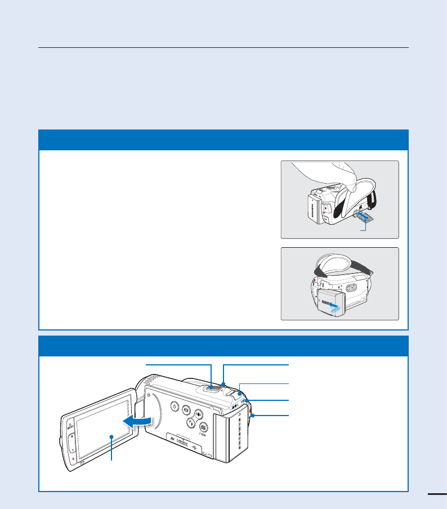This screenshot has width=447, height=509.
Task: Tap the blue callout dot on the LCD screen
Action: (111, 436)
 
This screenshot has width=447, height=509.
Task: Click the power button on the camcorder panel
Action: (174, 408)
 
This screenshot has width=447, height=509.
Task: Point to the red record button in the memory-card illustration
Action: (325, 207)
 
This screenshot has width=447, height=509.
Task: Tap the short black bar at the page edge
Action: (437, 494)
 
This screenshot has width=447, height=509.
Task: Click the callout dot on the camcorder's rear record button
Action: (253, 416)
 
